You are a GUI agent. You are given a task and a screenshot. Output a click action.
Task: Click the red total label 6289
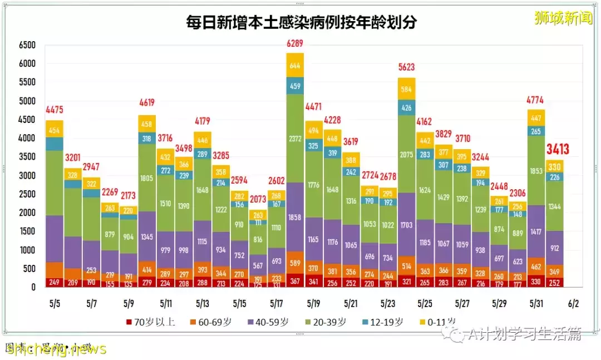[x=295, y=43]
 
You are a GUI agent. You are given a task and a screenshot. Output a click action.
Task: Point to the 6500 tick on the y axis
[x=27, y=45]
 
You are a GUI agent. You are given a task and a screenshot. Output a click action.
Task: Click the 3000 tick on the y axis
[x=27, y=176]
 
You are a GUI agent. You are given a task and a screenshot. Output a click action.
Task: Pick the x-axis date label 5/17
[x=277, y=304]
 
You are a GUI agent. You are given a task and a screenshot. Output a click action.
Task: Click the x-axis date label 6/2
[x=573, y=304]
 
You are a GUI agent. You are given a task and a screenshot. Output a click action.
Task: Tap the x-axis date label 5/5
[x=55, y=304]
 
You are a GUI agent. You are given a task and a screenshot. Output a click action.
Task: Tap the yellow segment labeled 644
[x=295, y=65]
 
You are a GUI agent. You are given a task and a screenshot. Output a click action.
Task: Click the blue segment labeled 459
[x=295, y=86]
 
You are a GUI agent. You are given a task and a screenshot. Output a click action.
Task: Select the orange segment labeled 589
[x=295, y=263]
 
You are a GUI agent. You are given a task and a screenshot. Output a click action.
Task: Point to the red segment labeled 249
[x=54, y=282]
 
